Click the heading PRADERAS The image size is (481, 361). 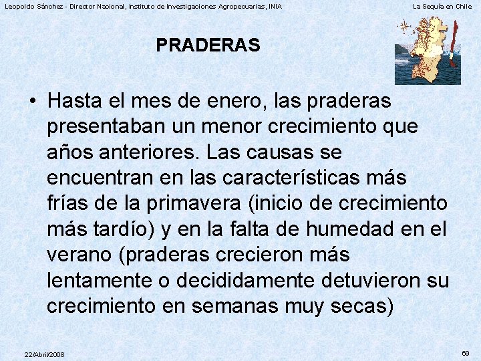coord(208,45)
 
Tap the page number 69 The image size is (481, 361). coord(466,352)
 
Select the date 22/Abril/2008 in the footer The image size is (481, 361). coord(44,354)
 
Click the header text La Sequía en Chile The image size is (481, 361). coord(442,6)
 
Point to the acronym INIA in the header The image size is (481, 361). coord(274,6)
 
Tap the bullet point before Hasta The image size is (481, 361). coord(33,102)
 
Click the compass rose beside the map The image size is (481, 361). coord(404,27)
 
